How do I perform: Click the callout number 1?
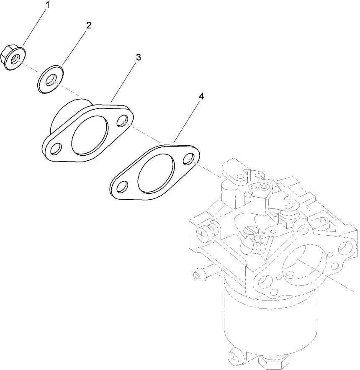coord(47,5)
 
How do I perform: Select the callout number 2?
coord(88,25)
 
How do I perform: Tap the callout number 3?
coord(138,57)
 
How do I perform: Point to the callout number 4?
coord(201,96)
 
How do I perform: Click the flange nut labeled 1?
coord(13,59)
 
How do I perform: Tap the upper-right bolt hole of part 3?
coord(123,121)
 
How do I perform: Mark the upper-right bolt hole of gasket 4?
coord(188,159)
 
